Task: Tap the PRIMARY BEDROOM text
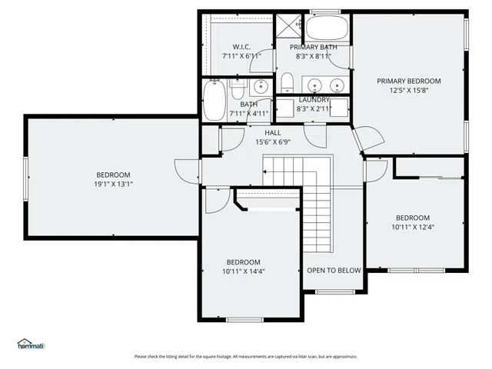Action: coord(408,81)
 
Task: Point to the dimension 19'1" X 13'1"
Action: coord(113,184)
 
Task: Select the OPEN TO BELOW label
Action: coord(334,270)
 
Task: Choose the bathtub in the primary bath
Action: coord(328,30)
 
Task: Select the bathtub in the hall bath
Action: coord(214,100)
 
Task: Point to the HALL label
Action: coord(273,132)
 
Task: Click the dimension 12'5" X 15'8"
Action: coord(408,91)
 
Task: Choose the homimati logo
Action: coord(31,344)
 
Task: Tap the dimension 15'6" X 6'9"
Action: coord(273,141)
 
